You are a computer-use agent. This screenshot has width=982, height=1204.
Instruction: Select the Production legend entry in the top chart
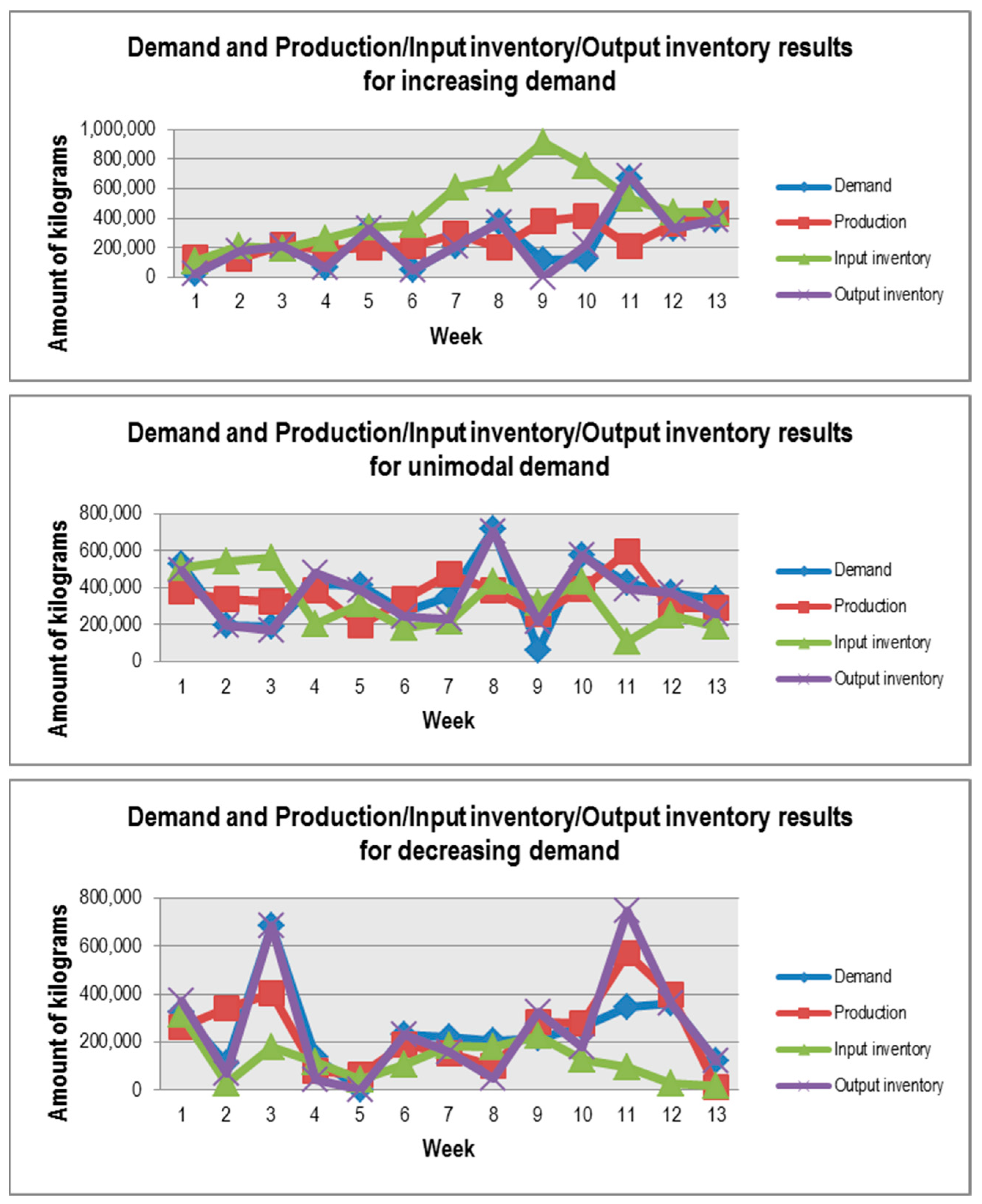coord(870,222)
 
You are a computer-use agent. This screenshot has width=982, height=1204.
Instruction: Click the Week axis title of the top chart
coord(455,337)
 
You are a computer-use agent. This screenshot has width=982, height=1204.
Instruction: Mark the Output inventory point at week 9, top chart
coord(542,277)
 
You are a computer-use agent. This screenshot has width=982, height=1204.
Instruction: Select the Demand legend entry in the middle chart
coord(862,570)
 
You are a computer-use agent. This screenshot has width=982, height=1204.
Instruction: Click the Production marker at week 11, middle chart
coord(627,550)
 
